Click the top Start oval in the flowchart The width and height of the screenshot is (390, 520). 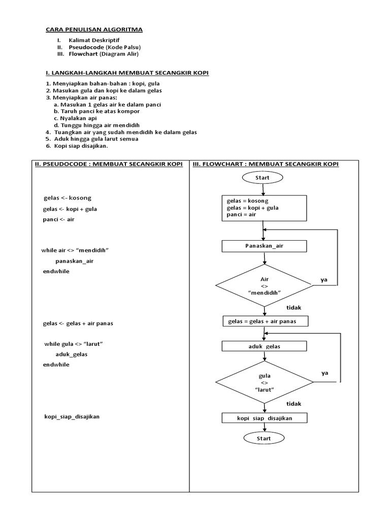click(263, 177)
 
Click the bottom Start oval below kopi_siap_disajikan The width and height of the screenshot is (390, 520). click(264, 438)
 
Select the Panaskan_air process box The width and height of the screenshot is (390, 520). click(264, 246)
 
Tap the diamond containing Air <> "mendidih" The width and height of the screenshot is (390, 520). click(264, 285)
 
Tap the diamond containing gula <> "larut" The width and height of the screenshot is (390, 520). click(264, 382)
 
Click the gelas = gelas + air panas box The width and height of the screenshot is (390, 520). click(266, 321)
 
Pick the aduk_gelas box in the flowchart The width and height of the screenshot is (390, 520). click(264, 346)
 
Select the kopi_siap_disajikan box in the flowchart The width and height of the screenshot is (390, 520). click(264, 418)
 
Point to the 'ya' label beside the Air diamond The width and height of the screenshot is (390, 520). click(324, 280)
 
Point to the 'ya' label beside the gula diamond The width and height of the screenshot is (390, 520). click(324, 373)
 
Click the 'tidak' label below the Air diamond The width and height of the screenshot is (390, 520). click(294, 307)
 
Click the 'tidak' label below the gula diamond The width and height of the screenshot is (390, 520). click(294, 404)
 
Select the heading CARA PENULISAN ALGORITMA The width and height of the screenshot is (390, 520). click(94, 29)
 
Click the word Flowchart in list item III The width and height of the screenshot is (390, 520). click(83, 54)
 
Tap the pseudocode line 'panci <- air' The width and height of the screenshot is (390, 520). click(59, 219)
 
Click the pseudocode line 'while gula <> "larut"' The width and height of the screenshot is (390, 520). click(74, 344)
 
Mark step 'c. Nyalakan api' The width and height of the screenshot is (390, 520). click(75, 118)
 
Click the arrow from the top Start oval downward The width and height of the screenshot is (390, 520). click(263, 189)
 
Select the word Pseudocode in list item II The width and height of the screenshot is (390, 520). click(86, 47)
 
